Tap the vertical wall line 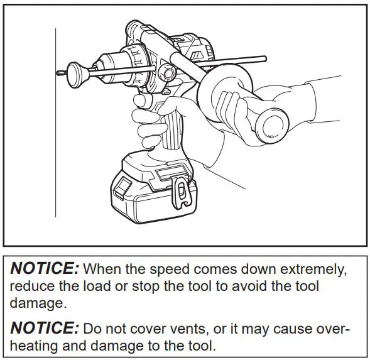(x=55, y=126)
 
